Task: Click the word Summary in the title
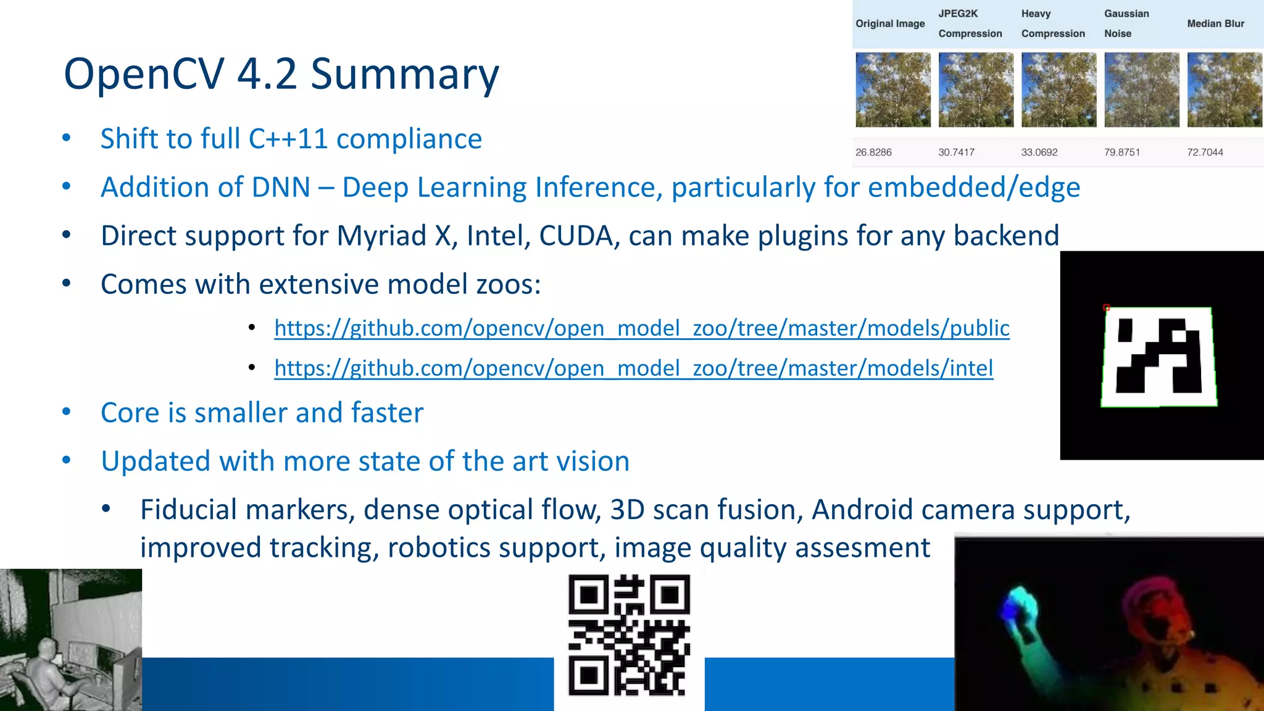pos(404,74)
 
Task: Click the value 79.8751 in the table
pos(1121,152)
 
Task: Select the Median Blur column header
pos(1215,23)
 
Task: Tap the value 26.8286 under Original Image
pos(873,152)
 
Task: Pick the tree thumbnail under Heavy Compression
pos(1058,90)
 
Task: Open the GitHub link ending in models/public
pos(642,328)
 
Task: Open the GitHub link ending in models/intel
pos(634,368)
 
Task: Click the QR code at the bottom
pos(629,636)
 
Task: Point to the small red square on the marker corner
pos(1107,307)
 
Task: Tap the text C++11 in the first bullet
pos(288,139)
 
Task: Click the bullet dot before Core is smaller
pos(67,412)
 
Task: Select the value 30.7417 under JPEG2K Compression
pos(956,152)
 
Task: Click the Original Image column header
pos(890,23)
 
